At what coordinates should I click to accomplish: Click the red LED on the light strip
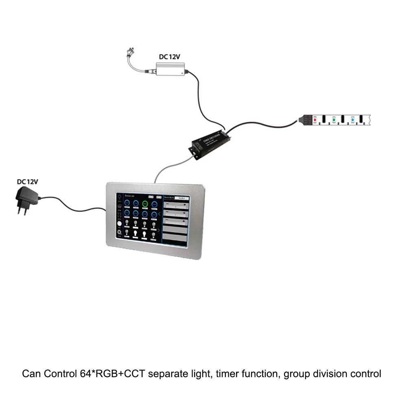pos(315,120)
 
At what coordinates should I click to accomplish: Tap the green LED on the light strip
pos(334,120)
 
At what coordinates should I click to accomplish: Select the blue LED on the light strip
pos(353,120)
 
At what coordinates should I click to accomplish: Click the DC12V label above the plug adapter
pos(27,182)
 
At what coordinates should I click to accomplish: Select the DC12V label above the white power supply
pos(169,57)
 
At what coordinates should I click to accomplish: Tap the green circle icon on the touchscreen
pos(145,204)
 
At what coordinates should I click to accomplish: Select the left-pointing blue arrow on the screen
pos(160,213)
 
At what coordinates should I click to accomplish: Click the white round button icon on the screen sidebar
pos(120,223)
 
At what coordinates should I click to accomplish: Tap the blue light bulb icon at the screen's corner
pos(120,198)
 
